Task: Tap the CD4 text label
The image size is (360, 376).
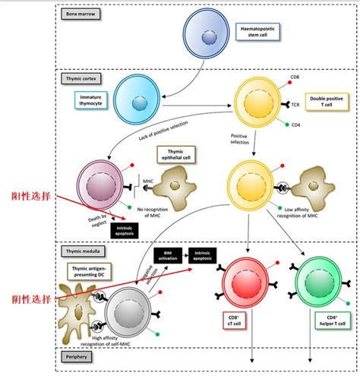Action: pos(295,125)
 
